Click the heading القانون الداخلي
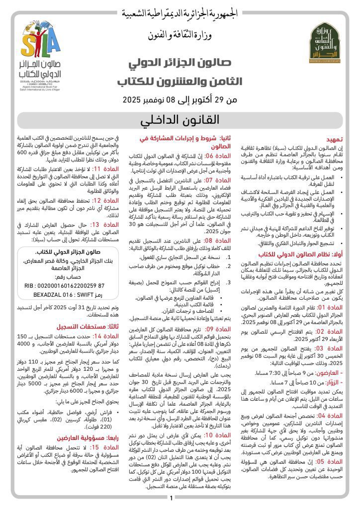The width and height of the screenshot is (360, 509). coord(180,120)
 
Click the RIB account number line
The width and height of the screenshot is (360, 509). coord(65,286)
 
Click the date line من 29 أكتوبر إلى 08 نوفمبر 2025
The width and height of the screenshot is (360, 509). coord(180,98)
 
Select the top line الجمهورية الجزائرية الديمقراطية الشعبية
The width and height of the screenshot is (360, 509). coord(180,12)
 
